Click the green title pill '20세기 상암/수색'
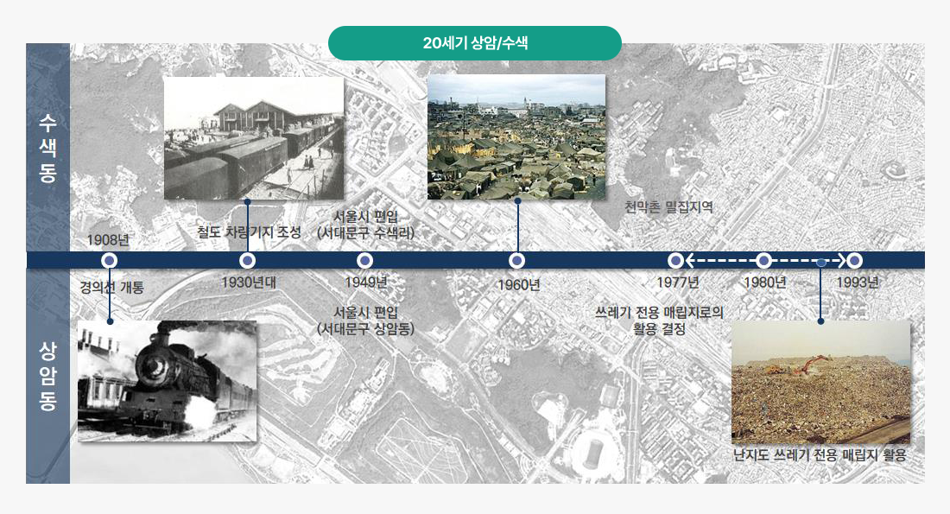click(475, 43)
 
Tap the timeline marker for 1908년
click(110, 260)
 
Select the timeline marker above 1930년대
click(248, 260)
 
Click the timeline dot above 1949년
click(365, 260)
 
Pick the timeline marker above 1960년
click(517, 260)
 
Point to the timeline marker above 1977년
click(676, 260)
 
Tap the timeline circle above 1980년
click(763, 260)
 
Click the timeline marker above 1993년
click(855, 260)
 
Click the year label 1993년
click(858, 282)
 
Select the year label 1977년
click(677, 282)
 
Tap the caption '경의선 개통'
click(111, 288)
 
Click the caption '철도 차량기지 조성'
click(250, 232)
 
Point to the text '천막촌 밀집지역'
click(669, 207)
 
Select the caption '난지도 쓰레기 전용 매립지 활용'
click(819, 455)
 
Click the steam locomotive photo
click(167, 381)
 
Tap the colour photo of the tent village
click(516, 137)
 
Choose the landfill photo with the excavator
click(820, 383)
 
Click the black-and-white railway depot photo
click(254, 138)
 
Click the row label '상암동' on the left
click(47, 377)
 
